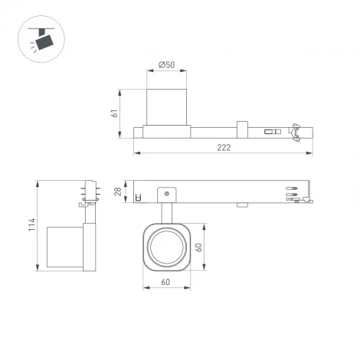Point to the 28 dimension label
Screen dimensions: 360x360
tap(118, 191)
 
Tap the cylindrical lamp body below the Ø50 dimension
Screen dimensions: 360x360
tap(167, 107)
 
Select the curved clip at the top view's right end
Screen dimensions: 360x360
tap(293, 131)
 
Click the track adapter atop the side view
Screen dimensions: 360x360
tap(87, 193)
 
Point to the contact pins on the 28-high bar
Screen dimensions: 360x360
tap(293, 191)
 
